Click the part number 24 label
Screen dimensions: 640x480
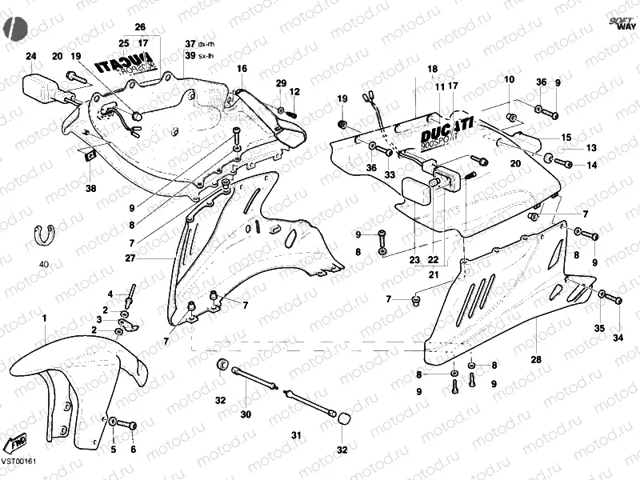(30, 56)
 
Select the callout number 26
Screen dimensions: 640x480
(140, 27)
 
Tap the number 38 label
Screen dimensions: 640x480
(90, 189)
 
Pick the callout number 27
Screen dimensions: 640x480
(130, 258)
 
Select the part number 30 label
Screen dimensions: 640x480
(246, 414)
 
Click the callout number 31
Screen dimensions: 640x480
(297, 435)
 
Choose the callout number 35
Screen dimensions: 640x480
(598, 329)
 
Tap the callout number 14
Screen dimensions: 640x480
(592, 166)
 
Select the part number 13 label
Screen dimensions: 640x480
(592, 148)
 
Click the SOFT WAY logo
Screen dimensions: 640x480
(619, 22)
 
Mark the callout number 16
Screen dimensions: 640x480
(242, 69)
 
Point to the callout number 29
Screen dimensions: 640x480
(281, 83)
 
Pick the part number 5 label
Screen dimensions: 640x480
(113, 450)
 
